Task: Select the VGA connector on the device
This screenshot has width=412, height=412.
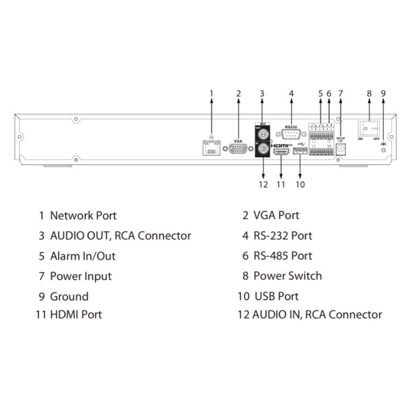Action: [x=238, y=149]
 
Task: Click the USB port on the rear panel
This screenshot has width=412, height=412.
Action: [x=300, y=152]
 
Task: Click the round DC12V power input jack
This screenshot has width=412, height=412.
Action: [x=339, y=152]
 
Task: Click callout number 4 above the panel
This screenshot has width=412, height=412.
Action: [x=291, y=94]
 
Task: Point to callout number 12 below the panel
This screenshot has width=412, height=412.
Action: [x=262, y=184]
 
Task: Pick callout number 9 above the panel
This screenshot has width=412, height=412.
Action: [x=383, y=94]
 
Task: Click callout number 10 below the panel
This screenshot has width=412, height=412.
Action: [x=300, y=184]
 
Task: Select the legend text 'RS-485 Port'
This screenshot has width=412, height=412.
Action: [x=282, y=255]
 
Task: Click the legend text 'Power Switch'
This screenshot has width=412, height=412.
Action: [x=287, y=276]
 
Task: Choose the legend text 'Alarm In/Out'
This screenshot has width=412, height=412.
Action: [x=82, y=255]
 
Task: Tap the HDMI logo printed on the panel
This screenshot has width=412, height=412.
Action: [x=280, y=146]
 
